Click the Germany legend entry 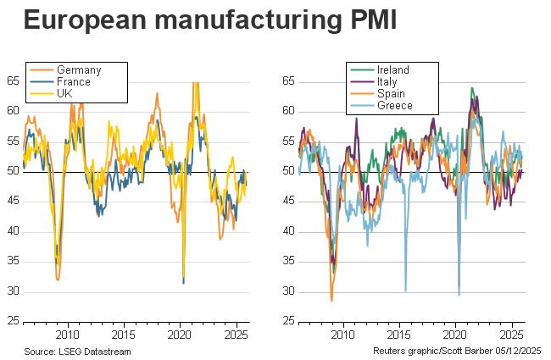pos(77,69)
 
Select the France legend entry pos(74,82)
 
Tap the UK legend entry pos(65,94)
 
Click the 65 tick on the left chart pos(12,81)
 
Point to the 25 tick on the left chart pos(12,322)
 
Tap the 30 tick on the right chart pos(288,292)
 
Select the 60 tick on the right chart pos(288,111)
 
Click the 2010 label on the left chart pos(67,334)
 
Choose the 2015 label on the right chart pos(398,334)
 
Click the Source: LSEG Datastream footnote pos(78,350)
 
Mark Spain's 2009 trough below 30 pos(331,300)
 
